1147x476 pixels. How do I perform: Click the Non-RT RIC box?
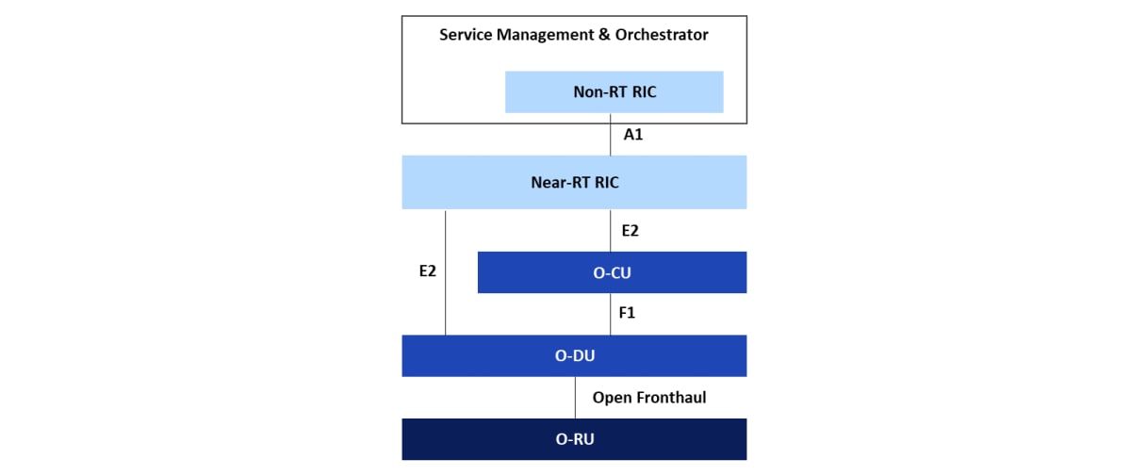(614, 91)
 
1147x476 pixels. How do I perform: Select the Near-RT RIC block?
(574, 182)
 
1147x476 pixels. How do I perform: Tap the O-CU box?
(612, 272)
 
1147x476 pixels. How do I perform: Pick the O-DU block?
(574, 355)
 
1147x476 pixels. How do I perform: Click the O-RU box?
(574, 439)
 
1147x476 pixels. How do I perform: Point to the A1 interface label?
(633, 134)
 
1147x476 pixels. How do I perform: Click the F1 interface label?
(627, 313)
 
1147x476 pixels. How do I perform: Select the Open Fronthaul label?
(649, 397)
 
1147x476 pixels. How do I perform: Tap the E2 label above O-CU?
(630, 231)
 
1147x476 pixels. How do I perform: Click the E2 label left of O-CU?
(428, 271)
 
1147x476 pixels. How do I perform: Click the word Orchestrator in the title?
(662, 34)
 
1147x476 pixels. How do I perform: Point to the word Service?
(466, 34)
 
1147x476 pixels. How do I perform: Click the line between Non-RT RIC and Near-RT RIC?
(610, 134)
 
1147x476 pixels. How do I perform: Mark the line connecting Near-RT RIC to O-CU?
(610, 231)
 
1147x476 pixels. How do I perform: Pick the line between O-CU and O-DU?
(610, 314)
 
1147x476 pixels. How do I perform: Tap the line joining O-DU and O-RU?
(575, 398)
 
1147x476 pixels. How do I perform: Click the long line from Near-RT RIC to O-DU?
(445, 272)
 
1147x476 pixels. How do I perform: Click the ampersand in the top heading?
(604, 34)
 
